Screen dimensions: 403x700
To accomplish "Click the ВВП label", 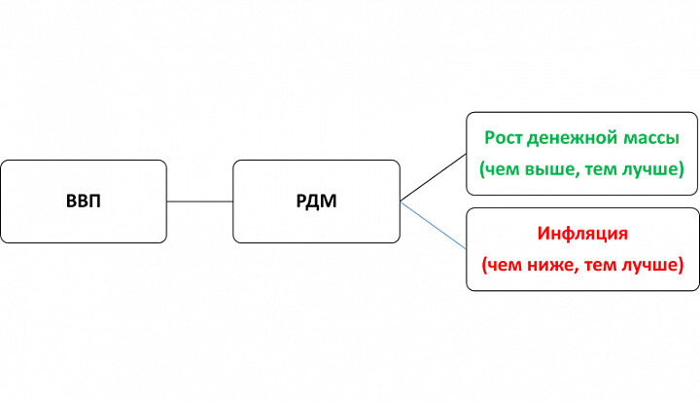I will point(84,202).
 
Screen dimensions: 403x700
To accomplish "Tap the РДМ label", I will point(316,202).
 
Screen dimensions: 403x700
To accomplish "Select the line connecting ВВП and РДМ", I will point(200,201).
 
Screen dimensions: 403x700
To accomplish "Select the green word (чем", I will point(500,169).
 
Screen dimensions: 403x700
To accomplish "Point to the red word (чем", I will point(500,265).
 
